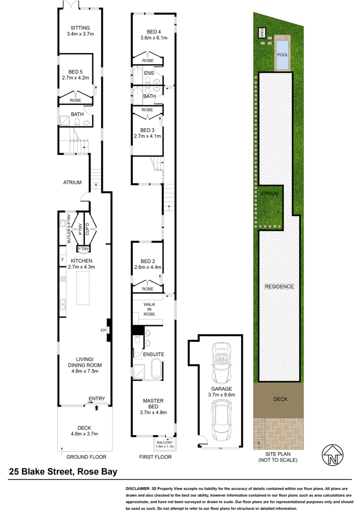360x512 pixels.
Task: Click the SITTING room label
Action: pos(80,28)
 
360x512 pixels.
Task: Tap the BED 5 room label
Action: pos(75,72)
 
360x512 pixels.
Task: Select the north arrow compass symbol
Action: pos(332,455)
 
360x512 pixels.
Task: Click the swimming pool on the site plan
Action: pos(283,55)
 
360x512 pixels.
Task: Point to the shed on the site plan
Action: pos(261,33)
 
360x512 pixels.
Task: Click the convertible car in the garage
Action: pos(221,362)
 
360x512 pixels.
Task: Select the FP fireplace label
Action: pos(103,330)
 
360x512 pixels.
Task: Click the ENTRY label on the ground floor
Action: pos(97,399)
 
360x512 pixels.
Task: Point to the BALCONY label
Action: pos(165,443)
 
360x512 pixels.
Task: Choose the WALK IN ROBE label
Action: pos(149,309)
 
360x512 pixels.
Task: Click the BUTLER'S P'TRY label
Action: pos(69,228)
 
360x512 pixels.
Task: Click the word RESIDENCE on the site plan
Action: pos(279,286)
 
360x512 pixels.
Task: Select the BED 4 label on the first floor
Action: pos(154,32)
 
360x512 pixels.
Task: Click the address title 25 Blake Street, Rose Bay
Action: pos(63,472)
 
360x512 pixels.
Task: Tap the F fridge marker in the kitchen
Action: pos(63,260)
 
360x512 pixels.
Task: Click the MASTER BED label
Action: pos(153,404)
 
